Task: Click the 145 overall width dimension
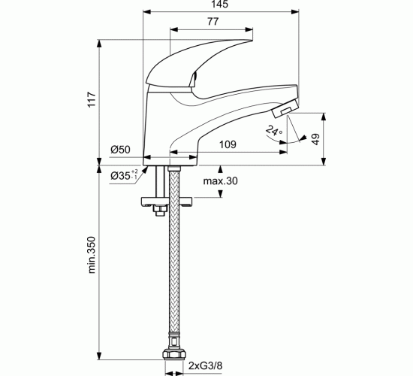click(220, 5)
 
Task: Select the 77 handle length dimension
click(213, 21)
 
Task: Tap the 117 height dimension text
click(92, 99)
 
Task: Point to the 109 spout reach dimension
click(228, 144)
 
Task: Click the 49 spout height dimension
click(315, 139)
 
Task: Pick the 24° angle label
click(274, 131)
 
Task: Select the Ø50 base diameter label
click(120, 150)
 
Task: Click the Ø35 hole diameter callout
click(124, 175)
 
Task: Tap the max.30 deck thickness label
click(220, 181)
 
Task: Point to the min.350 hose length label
click(92, 255)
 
